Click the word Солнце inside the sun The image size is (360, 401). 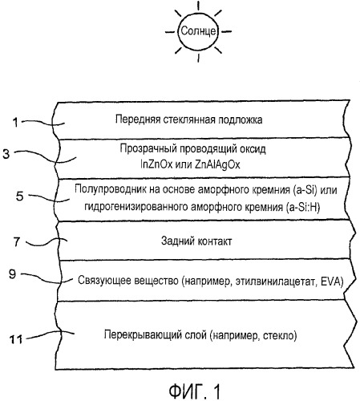198,31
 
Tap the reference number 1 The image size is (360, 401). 16,123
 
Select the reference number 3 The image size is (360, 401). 6,154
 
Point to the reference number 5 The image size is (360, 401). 19,196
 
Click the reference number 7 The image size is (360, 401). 16,241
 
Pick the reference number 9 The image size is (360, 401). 13,274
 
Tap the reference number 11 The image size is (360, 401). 16,339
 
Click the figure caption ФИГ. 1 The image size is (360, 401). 195,391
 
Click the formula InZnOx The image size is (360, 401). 156,164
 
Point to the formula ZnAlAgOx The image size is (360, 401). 217,164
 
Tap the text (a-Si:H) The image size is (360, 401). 302,207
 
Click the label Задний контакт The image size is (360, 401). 196,241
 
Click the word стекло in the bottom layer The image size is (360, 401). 280,335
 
